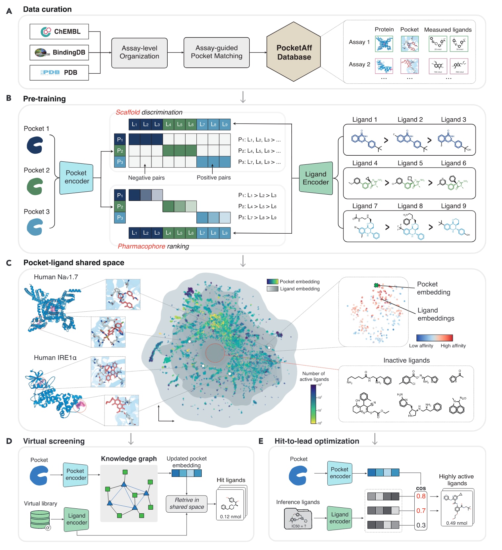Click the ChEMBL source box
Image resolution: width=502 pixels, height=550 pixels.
point(59,32)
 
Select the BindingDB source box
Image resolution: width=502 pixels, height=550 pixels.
point(59,53)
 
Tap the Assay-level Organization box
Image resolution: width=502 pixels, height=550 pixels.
point(139,53)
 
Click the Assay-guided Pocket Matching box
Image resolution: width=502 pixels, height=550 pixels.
point(216,53)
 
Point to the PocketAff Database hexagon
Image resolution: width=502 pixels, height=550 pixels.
point(294,52)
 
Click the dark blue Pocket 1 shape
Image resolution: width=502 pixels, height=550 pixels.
point(35,145)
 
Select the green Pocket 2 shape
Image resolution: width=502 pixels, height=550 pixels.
point(35,186)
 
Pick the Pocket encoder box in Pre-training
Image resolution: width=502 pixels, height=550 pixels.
point(76,177)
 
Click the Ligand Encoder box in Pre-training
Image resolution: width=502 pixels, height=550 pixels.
point(315,178)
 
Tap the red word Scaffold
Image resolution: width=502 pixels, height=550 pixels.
point(128,112)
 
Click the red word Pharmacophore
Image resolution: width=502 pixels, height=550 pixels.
point(141,246)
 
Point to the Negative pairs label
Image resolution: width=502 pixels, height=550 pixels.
point(146,178)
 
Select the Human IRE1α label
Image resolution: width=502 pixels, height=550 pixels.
point(55,358)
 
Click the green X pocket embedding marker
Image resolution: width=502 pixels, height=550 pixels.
point(376,285)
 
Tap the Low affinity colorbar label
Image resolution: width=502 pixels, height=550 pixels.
point(421,346)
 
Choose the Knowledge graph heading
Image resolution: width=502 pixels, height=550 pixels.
point(129,459)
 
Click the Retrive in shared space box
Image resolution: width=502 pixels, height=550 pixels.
point(187,504)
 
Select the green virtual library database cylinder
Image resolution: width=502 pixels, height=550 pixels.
point(40,520)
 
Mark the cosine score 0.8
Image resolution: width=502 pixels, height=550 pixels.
point(421,496)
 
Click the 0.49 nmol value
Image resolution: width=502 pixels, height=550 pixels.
point(457,523)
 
